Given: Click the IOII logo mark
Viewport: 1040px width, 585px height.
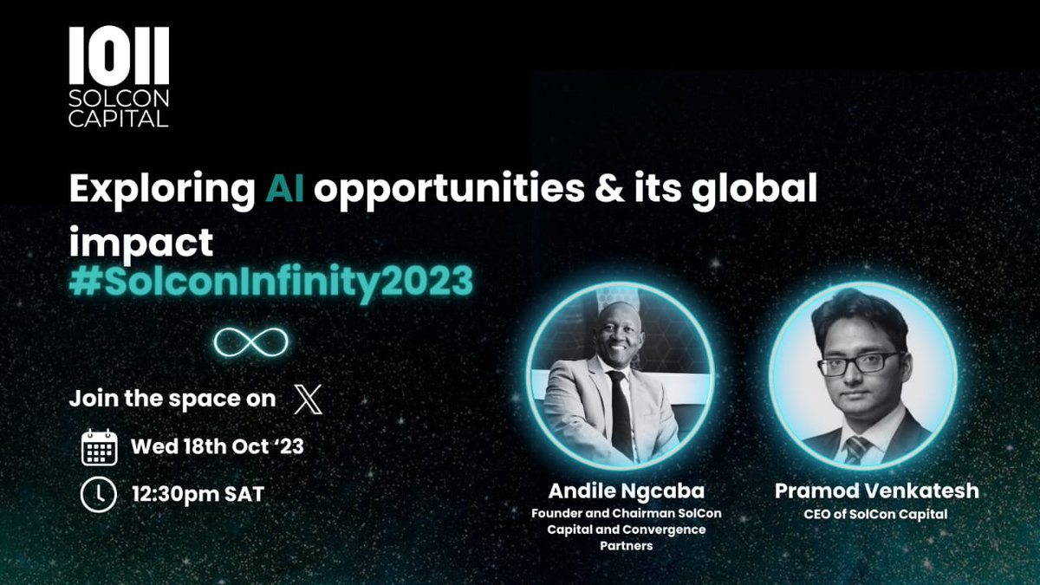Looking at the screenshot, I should click(x=119, y=55).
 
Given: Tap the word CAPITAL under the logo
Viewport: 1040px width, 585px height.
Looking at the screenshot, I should click(x=119, y=120).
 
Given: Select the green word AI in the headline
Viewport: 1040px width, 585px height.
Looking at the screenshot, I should click(x=285, y=190).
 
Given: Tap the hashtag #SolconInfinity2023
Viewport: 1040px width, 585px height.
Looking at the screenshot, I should click(x=271, y=283).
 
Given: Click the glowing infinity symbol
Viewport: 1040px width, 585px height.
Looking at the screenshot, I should click(x=251, y=342).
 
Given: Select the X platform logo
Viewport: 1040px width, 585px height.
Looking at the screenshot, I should click(x=308, y=400).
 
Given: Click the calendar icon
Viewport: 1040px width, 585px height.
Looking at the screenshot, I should click(x=99, y=448).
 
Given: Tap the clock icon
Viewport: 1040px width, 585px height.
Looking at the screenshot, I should click(x=98, y=494).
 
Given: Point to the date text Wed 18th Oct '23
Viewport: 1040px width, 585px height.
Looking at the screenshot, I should click(x=217, y=448).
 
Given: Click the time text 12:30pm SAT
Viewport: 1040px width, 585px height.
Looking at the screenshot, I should click(x=198, y=495).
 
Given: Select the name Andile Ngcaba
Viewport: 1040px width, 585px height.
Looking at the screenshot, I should click(x=626, y=491).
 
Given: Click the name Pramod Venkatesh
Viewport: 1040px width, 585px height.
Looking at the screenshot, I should click(x=876, y=491).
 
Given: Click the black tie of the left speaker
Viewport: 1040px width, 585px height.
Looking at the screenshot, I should click(x=620, y=416).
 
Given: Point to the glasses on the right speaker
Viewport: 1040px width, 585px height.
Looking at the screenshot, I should click(x=857, y=363).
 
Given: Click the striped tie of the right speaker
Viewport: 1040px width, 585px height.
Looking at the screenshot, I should click(x=857, y=449).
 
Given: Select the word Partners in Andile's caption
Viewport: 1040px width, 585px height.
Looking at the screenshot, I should click(x=626, y=546).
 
